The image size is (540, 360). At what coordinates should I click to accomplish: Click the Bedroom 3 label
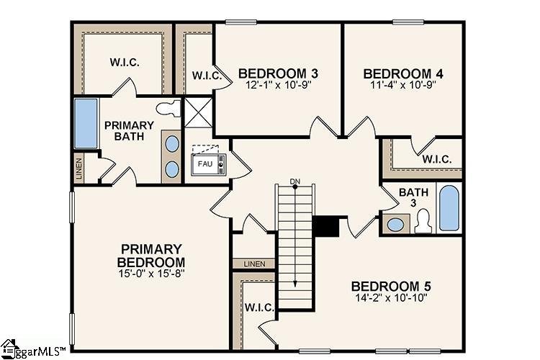coord(278,73)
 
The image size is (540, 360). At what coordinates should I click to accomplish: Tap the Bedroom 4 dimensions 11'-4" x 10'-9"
coord(402,84)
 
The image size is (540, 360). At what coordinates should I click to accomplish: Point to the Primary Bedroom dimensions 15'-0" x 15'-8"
coord(151,274)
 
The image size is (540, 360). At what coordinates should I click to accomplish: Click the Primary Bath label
coord(129,130)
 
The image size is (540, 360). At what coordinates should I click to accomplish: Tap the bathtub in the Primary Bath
coord(86,123)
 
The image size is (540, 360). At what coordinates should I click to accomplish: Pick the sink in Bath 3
coord(395,223)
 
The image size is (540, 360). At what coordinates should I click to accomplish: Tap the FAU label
coord(204,163)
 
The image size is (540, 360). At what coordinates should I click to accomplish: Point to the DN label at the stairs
coord(294,181)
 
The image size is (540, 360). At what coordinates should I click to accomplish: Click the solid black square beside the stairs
coord(326,225)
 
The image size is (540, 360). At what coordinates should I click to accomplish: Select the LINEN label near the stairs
coord(254,264)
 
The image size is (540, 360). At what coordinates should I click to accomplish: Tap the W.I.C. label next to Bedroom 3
coord(205,76)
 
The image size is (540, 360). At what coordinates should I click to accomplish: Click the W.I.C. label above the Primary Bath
coord(125,62)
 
